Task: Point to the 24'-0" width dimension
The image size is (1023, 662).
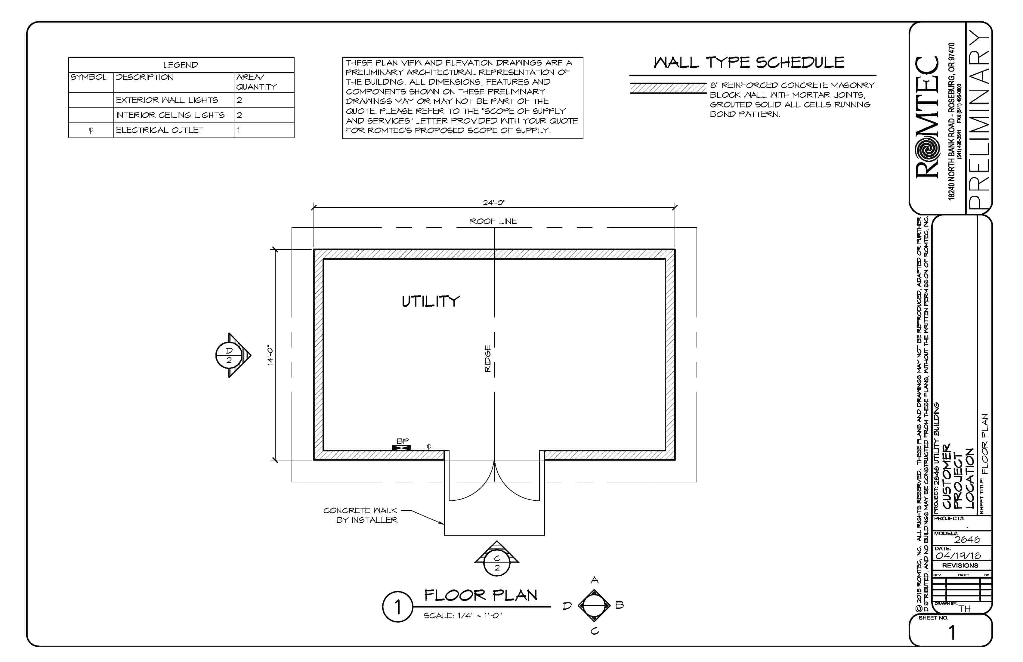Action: (494, 203)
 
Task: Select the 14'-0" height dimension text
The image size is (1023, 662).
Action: (270, 355)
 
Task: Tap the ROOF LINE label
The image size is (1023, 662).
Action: (493, 221)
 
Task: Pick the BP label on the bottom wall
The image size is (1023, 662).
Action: (402, 441)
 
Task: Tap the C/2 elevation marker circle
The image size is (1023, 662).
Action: (497, 563)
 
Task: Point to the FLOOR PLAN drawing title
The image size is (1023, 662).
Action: (481, 595)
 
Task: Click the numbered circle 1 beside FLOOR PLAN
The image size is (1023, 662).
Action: (397, 607)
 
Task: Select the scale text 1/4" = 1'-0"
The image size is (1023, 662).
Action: (463, 616)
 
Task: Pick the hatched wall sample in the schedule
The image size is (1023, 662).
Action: (668, 88)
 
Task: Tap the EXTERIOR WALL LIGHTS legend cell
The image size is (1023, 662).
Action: (167, 100)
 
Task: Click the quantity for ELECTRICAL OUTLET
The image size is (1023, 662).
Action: (239, 130)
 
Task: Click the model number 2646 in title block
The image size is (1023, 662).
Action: (967, 540)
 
